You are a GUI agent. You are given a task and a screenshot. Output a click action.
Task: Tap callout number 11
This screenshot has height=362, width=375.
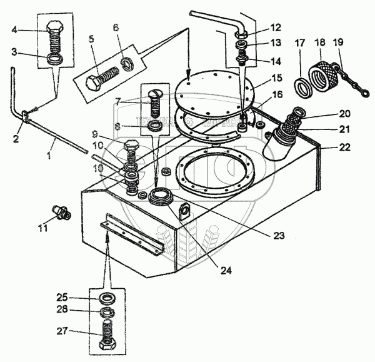pyautogui.click(x=42, y=229)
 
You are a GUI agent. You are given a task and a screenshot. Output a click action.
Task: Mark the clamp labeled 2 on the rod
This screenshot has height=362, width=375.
pyautogui.click(x=25, y=116)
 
